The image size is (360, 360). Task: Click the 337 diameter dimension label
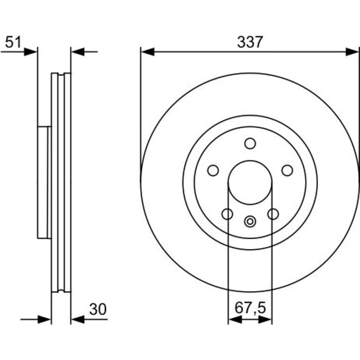tap(250, 42)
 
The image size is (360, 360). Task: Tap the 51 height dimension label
tap(13, 42)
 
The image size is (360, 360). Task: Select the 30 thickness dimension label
tap(98, 309)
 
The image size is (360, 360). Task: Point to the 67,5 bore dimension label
tap(250, 308)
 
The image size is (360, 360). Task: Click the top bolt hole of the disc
tap(250, 144)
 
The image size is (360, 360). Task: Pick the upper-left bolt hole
tap(213, 171)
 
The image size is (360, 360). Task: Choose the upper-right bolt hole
tap(287, 171)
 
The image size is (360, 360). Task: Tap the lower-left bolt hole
tap(227, 214)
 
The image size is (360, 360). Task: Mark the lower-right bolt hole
tap(273, 214)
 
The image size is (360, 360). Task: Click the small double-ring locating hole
tap(250, 222)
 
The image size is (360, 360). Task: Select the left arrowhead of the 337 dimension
tap(147, 52)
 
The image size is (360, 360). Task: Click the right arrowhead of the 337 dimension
tap(352, 52)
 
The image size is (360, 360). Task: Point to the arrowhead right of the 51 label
tap(30, 52)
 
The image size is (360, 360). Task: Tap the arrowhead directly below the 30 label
tap(78, 319)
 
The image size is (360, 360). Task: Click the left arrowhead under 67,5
tap(235, 319)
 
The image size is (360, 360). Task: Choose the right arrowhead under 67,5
tap(265, 319)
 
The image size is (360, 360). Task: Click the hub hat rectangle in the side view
tap(44, 182)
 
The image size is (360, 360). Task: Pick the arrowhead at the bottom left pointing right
tap(44, 319)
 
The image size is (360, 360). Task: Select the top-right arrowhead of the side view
tap(78, 52)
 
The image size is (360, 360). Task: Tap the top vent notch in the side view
tap(61, 74)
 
